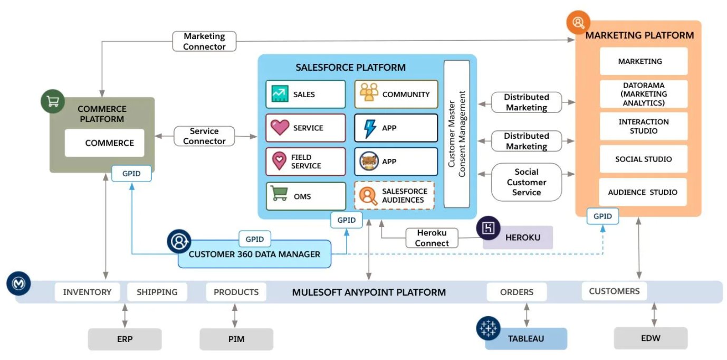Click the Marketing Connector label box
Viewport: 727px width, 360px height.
pyautogui.click(x=204, y=42)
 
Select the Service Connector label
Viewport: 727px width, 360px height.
pyautogui.click(x=204, y=136)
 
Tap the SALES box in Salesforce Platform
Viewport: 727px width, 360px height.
pyautogui.click(x=305, y=94)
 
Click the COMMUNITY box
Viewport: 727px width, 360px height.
pyautogui.click(x=396, y=94)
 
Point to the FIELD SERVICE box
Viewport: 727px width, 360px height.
pyautogui.click(x=305, y=162)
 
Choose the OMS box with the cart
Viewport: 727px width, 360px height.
pyautogui.click(x=305, y=196)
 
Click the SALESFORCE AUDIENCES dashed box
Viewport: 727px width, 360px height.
pyautogui.click(x=396, y=196)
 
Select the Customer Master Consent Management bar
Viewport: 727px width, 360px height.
pyautogui.click(x=456, y=134)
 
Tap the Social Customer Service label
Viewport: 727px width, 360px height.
pyautogui.click(x=526, y=182)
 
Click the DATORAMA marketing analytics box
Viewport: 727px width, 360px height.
pyautogui.click(x=643, y=94)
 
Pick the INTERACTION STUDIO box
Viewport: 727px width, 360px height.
pyautogui.click(x=643, y=126)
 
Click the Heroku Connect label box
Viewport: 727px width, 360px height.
pyautogui.click(x=432, y=238)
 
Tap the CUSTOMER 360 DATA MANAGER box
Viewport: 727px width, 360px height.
pyautogui.click(x=254, y=254)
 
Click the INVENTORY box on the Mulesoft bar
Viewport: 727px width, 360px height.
pyautogui.click(x=87, y=292)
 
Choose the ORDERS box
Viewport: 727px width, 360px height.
pyautogui.click(x=516, y=292)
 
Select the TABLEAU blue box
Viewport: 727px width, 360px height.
pyautogui.click(x=526, y=338)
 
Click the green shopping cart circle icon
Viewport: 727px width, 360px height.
pyautogui.click(x=53, y=102)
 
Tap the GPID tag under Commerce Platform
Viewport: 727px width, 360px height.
pyautogui.click(x=131, y=173)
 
